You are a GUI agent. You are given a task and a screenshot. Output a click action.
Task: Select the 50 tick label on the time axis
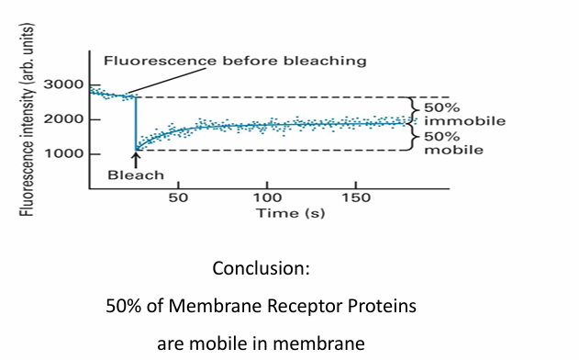click(178, 197)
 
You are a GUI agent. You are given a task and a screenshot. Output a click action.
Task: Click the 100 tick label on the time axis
click(267, 197)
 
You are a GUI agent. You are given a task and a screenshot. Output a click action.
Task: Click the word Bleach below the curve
click(136, 174)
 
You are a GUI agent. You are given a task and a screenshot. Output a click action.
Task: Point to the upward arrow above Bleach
click(136, 159)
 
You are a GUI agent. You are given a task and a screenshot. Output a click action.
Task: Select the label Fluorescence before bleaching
click(235, 61)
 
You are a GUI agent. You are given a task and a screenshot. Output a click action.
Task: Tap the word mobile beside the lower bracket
click(453, 149)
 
